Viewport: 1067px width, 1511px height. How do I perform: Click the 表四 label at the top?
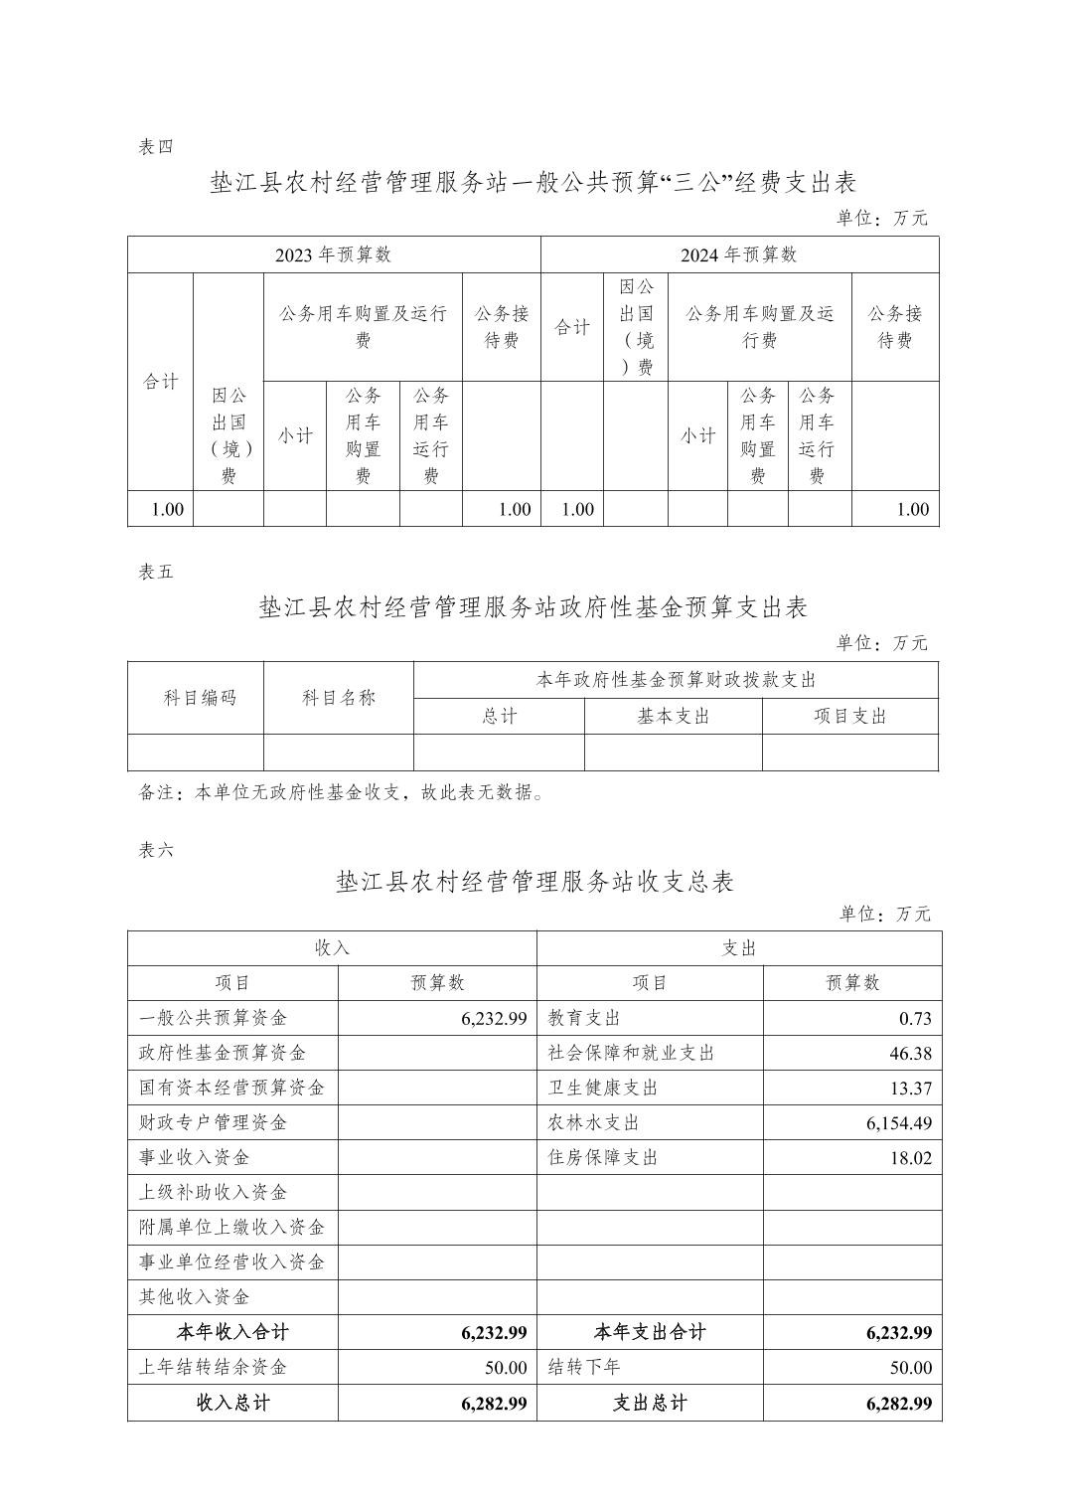156,147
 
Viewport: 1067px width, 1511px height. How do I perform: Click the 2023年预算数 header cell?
334,254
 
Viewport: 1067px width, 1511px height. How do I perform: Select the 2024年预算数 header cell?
739,254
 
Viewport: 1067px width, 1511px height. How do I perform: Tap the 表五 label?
156,573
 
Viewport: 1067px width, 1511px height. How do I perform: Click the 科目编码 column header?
200,698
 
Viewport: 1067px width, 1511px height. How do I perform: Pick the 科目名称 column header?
339,698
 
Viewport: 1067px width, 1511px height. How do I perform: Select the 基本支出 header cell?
674,717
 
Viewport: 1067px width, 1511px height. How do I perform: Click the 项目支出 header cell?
850,717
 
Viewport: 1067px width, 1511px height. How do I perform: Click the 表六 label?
156,851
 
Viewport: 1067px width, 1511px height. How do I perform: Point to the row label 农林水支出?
594,1123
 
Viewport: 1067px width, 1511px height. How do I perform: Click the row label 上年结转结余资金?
214,1368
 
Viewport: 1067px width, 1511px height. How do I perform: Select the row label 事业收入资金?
195,1158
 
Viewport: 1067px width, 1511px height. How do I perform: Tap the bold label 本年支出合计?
650,1333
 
